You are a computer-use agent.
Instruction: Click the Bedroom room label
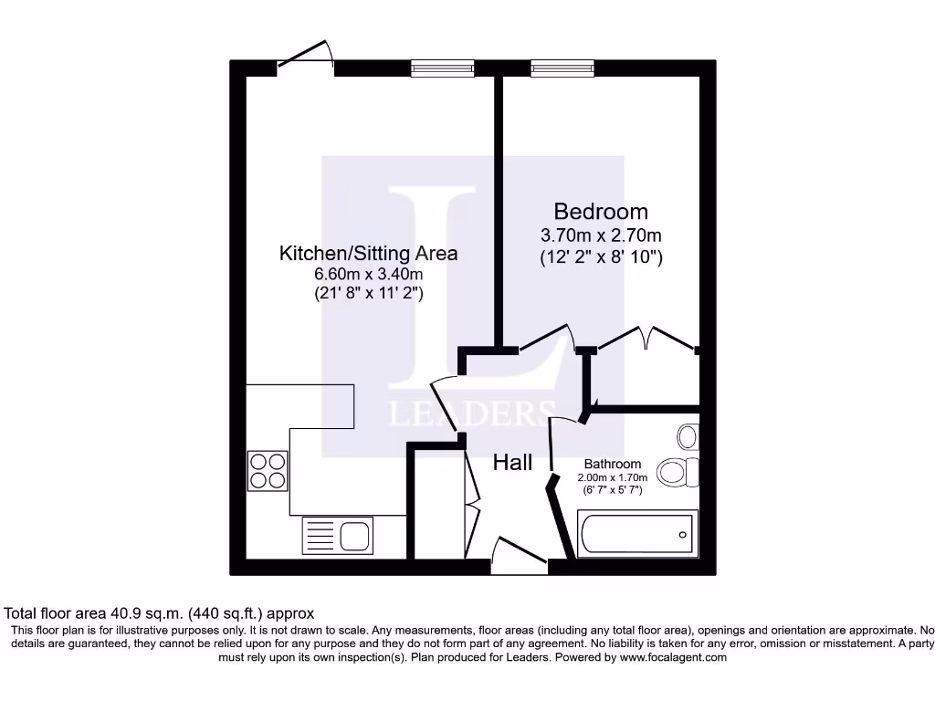click(601, 213)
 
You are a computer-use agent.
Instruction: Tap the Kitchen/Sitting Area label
click(368, 253)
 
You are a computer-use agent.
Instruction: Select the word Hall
click(512, 463)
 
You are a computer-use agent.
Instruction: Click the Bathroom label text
click(613, 464)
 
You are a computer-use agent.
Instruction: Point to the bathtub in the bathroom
click(637, 533)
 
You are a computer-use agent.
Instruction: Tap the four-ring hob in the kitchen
click(267, 471)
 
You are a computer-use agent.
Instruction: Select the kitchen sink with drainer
click(337, 536)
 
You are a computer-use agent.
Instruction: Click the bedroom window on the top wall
click(562, 68)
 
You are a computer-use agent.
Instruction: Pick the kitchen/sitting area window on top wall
click(442, 68)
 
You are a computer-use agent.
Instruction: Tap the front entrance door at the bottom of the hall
click(519, 555)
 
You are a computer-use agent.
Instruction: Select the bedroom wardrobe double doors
click(646, 338)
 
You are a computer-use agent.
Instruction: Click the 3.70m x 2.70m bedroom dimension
click(601, 235)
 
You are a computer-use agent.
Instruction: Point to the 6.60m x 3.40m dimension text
click(368, 274)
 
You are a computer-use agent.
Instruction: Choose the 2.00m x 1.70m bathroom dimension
click(612, 477)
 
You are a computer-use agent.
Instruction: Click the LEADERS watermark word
click(471, 413)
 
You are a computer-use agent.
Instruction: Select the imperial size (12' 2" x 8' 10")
click(601, 257)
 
